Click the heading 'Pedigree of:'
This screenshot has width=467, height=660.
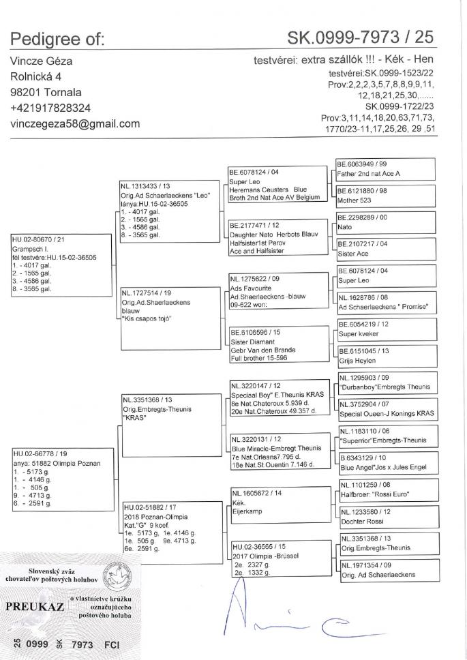coord(57,39)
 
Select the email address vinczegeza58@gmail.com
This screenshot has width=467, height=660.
coord(75,123)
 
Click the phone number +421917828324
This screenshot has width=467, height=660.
coord(51,108)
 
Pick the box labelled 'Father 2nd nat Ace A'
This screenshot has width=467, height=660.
coord(369,174)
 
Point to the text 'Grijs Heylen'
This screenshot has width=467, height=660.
coord(359,359)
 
